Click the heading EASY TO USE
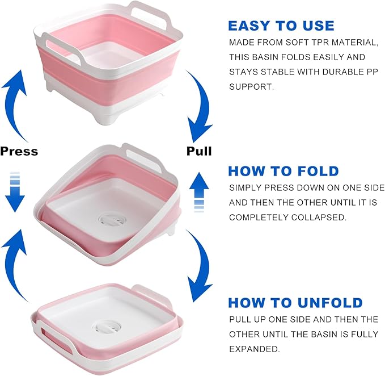click(281, 26)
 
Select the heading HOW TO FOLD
click(284, 171)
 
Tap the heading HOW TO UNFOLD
click(295, 303)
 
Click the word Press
click(19, 151)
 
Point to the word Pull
click(199, 151)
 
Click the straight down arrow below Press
click(15, 193)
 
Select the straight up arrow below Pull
click(199, 193)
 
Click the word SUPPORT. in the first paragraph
click(251, 86)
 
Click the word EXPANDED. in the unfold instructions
click(255, 349)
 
